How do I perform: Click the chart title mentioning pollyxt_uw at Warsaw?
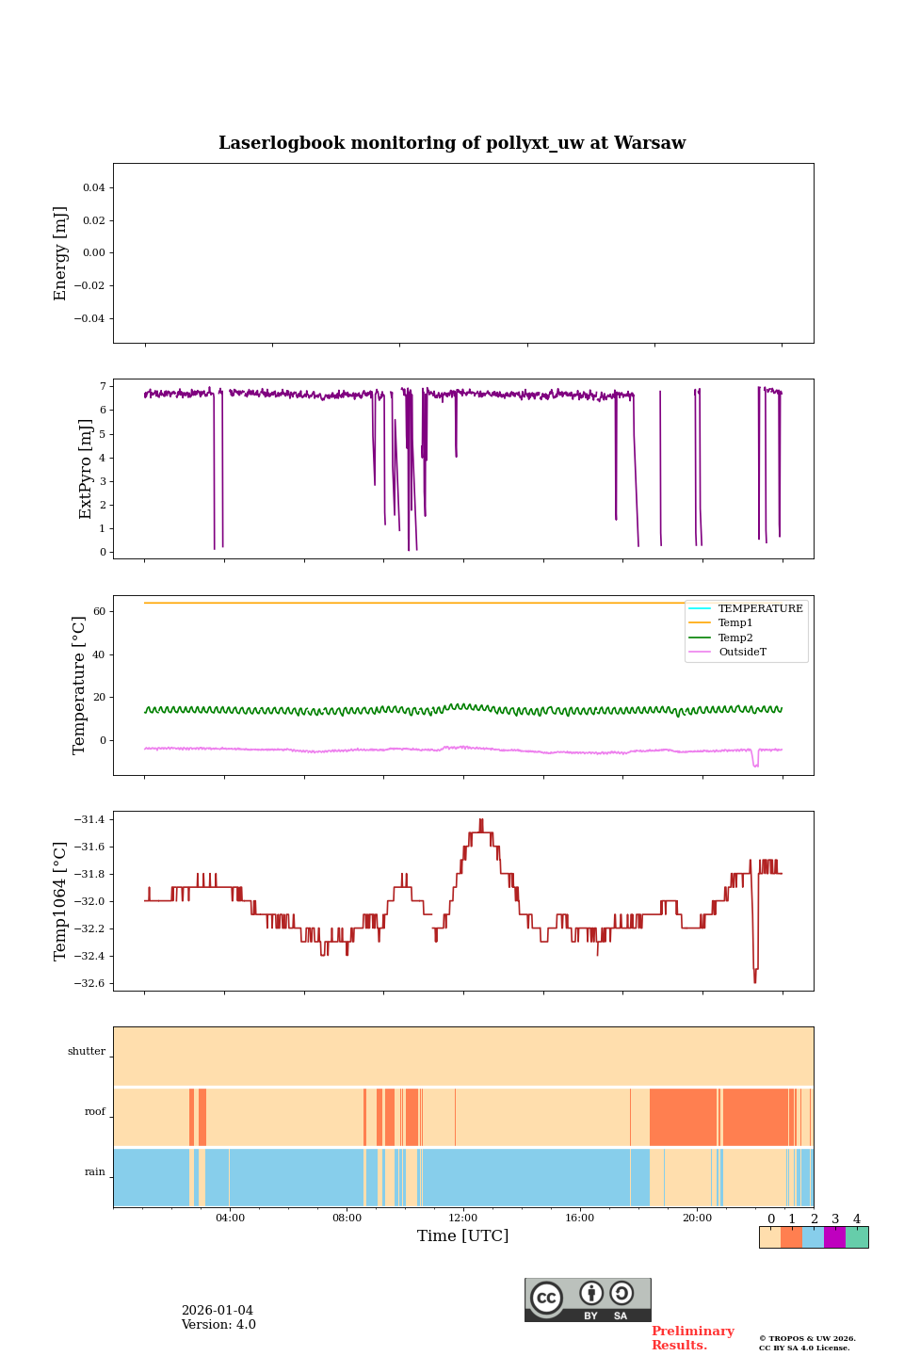tap(452, 143)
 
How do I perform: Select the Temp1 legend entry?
tap(735, 623)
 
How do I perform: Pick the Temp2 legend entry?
tap(735, 638)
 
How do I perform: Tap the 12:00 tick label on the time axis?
tap(463, 1219)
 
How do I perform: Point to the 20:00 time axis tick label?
tap(697, 1219)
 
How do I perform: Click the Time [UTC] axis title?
tap(462, 1236)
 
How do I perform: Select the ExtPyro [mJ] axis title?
tap(86, 469)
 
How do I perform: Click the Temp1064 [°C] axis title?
tap(61, 901)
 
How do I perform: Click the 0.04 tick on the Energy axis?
tap(93, 188)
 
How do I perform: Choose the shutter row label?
tap(87, 1052)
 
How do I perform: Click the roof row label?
tap(95, 1112)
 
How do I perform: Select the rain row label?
tap(95, 1172)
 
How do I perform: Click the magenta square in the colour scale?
tap(834, 1237)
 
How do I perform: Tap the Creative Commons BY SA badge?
tap(588, 1299)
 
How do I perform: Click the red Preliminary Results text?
tap(692, 1338)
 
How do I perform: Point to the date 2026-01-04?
tap(218, 1311)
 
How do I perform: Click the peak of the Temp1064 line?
tap(481, 820)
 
